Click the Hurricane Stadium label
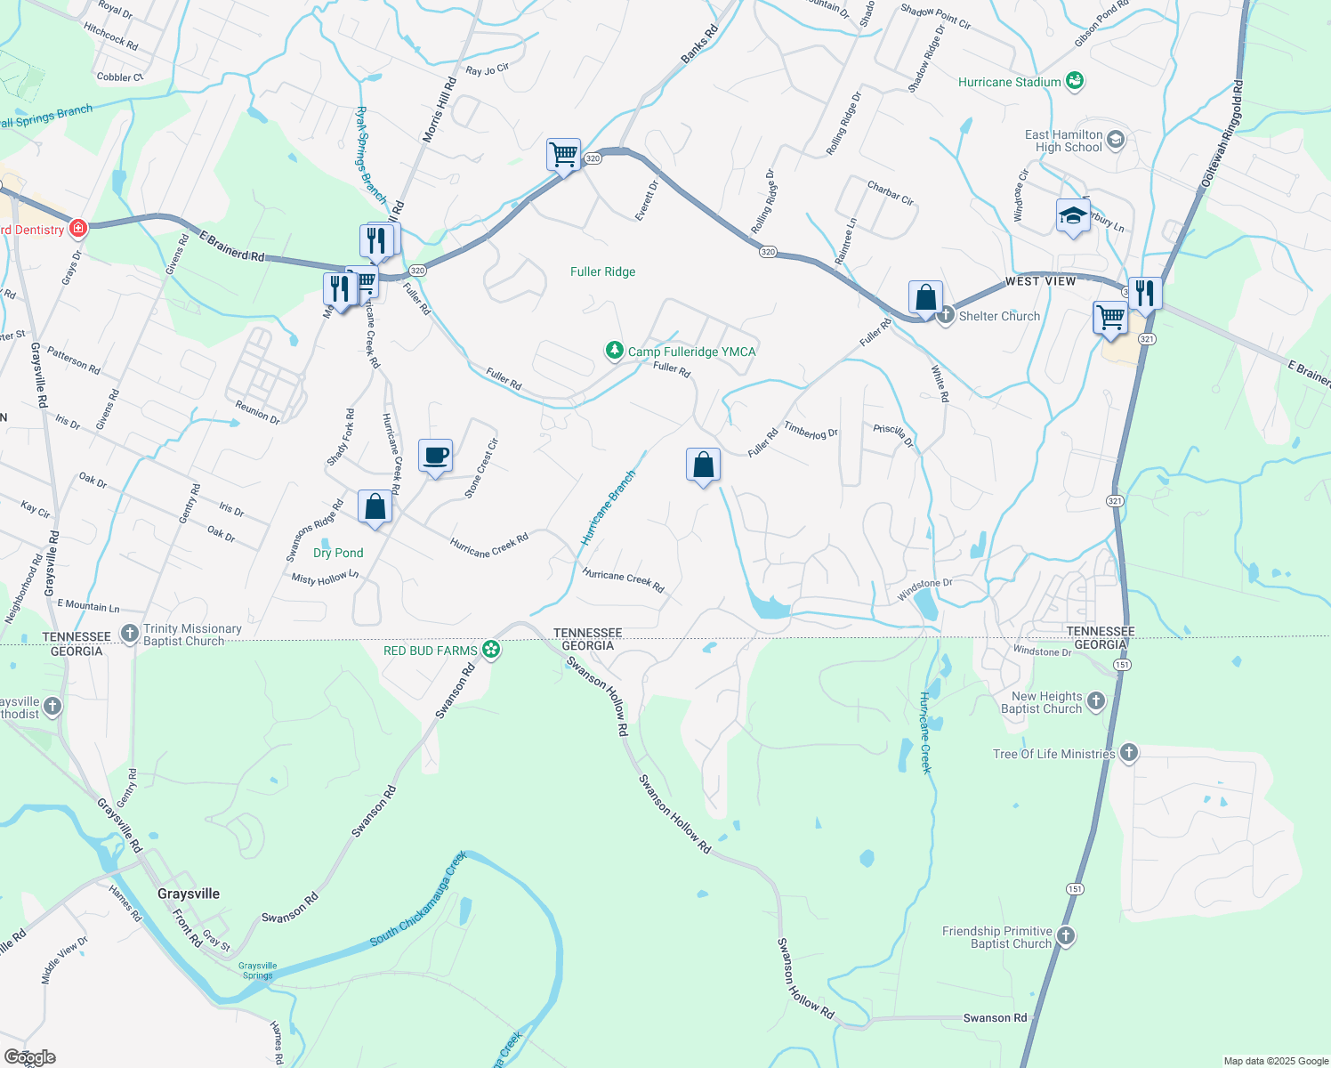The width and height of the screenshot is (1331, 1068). pyautogui.click(x=1009, y=82)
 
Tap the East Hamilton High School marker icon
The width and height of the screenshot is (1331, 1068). pyautogui.click(x=1116, y=140)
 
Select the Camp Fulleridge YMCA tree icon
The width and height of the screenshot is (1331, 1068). pyautogui.click(x=614, y=351)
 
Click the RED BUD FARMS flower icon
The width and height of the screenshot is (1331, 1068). pyautogui.click(x=490, y=650)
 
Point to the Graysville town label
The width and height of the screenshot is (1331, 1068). pyautogui.click(x=188, y=894)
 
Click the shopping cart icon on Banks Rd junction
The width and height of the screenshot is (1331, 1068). pyautogui.click(x=563, y=155)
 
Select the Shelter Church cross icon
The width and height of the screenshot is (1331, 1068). pyautogui.click(x=946, y=315)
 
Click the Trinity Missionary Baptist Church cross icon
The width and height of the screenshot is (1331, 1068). pyautogui.click(x=130, y=634)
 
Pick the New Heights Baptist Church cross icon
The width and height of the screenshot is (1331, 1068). pyautogui.click(x=1096, y=701)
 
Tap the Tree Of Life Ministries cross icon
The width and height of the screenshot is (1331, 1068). pyautogui.click(x=1129, y=753)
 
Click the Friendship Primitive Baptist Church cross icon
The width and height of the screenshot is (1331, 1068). pyautogui.click(x=1066, y=936)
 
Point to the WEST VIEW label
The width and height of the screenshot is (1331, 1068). pyautogui.click(x=1040, y=281)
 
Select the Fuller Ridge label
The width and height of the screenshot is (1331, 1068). pyautogui.click(x=602, y=271)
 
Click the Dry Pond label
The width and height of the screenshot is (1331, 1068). pyautogui.click(x=338, y=553)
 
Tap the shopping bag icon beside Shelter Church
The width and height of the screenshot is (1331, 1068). pyautogui.click(x=925, y=297)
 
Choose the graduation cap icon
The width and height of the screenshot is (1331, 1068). pyautogui.click(x=1073, y=216)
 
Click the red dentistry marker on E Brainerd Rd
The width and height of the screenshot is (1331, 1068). pyautogui.click(x=78, y=229)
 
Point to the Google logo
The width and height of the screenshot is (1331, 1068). pyautogui.click(x=30, y=1056)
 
